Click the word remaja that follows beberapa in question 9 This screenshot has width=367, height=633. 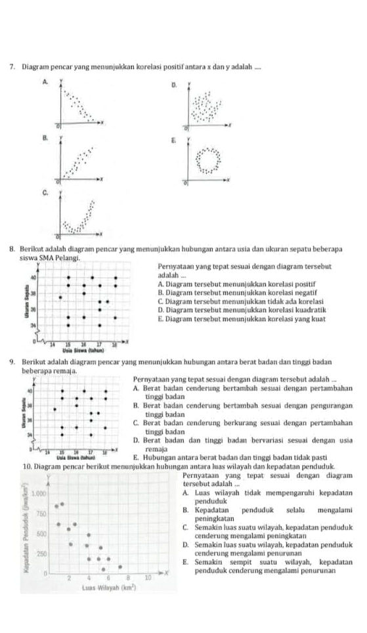point(67,371)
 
